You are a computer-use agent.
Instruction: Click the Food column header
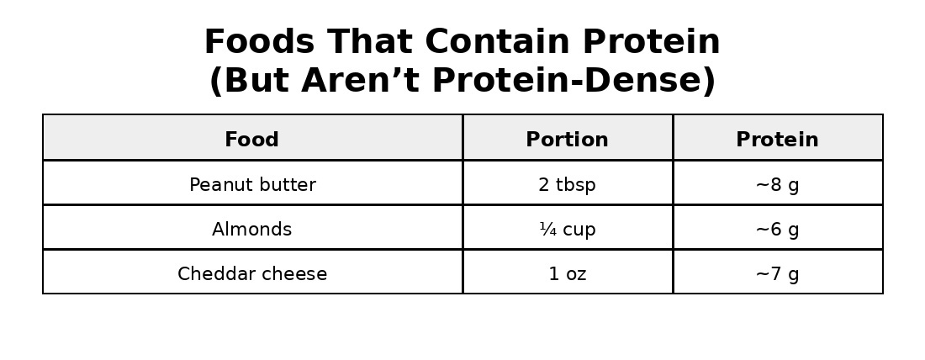click(x=251, y=140)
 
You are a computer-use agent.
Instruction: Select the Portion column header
click(x=567, y=140)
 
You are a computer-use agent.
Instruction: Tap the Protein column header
click(x=777, y=140)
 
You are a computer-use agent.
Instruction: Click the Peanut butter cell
click(x=252, y=185)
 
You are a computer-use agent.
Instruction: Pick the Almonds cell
click(x=251, y=230)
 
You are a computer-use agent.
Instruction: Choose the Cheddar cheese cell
click(x=252, y=274)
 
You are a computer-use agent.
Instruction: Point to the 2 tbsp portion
click(x=567, y=185)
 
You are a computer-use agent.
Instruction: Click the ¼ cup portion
click(x=567, y=230)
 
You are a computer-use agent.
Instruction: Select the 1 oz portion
click(x=567, y=274)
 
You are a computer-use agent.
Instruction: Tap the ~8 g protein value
click(x=777, y=185)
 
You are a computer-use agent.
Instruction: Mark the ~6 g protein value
click(x=777, y=230)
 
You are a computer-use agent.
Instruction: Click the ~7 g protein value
click(x=777, y=274)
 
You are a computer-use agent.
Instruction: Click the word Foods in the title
click(x=260, y=42)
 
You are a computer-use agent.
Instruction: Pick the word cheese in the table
click(x=299, y=274)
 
